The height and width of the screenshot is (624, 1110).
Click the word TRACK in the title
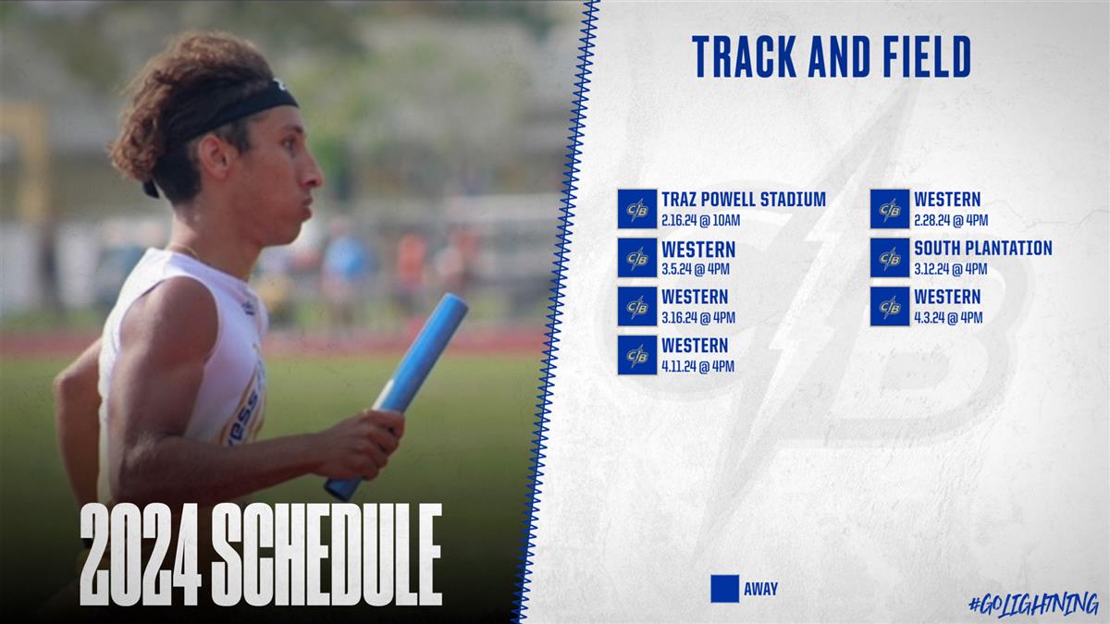tap(745, 56)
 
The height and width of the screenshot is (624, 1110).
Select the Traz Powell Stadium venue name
tap(744, 199)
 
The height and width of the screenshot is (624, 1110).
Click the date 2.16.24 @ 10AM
tap(701, 220)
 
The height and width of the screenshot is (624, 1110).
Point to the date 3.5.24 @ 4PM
tap(696, 269)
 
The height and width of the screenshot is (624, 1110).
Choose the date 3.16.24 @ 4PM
tap(698, 317)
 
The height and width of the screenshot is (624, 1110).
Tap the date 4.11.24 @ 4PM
tap(697, 366)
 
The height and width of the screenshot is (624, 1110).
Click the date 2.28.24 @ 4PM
tap(951, 220)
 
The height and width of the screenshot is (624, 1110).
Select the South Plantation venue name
tap(983, 248)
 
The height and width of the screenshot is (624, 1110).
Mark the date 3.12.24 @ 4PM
tap(951, 269)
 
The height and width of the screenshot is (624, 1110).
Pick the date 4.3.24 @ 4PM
tap(948, 317)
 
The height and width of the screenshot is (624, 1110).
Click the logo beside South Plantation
tap(890, 258)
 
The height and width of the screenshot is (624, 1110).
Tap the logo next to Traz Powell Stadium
tap(637, 209)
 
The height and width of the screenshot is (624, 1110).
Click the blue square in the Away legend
tap(725, 589)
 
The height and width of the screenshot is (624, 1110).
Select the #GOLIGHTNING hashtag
tap(1034, 605)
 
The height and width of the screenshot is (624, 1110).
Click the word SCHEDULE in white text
tap(327, 555)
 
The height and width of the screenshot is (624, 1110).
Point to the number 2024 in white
tap(141, 555)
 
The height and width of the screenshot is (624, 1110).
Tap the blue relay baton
tap(397, 397)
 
